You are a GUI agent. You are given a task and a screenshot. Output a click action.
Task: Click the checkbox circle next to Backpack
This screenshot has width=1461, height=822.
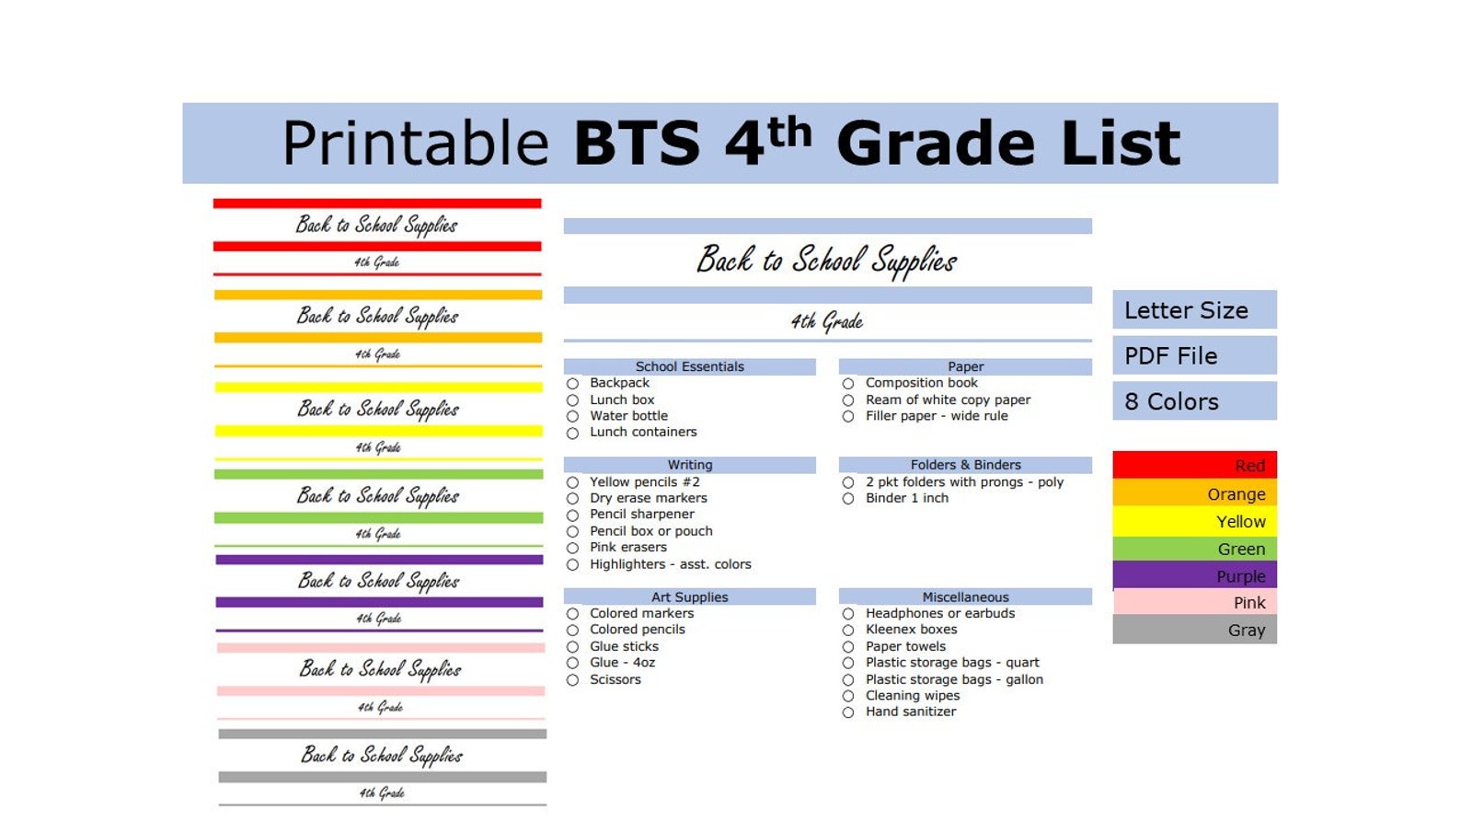coord(572,384)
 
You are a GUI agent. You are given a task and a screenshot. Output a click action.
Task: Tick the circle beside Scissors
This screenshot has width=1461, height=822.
coord(572,680)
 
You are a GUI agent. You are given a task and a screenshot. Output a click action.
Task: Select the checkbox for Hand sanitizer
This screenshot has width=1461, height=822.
coord(848,712)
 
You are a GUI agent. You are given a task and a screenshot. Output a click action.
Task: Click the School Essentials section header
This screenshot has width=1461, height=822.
coord(689,366)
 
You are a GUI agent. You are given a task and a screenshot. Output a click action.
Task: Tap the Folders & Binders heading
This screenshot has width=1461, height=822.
coord(965,465)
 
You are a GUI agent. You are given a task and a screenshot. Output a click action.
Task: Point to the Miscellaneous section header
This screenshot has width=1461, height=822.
coord(965,597)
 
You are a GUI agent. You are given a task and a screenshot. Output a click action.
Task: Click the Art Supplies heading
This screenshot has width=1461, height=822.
coord(689,597)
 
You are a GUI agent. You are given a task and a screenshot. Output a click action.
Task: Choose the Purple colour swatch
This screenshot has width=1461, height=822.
coord(1194,576)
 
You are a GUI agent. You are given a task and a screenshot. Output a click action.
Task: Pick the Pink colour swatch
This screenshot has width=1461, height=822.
coord(1194,603)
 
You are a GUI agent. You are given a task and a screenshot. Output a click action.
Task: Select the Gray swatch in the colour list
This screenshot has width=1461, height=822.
coord(1194,631)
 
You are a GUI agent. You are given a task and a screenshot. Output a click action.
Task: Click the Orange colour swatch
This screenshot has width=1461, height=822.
coord(1194,494)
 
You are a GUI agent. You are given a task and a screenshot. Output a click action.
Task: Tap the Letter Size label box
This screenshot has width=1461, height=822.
coord(1194,310)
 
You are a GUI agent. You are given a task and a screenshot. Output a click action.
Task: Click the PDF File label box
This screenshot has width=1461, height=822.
coord(1194,356)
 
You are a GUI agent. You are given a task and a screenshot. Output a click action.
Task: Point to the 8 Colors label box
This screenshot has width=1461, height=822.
coord(1194,401)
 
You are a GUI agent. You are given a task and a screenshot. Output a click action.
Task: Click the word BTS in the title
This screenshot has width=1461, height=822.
coord(637,145)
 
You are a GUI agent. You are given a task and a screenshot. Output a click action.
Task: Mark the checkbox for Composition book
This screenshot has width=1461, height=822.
coord(848,384)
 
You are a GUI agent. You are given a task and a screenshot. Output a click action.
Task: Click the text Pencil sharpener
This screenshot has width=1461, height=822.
coord(642,515)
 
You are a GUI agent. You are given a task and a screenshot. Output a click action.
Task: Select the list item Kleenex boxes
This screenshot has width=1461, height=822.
coord(911,630)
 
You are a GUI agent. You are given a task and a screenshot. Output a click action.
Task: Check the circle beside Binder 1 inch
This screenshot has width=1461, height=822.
coord(848,499)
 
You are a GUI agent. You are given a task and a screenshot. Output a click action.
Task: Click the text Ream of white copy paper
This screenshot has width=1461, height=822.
coord(948,400)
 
